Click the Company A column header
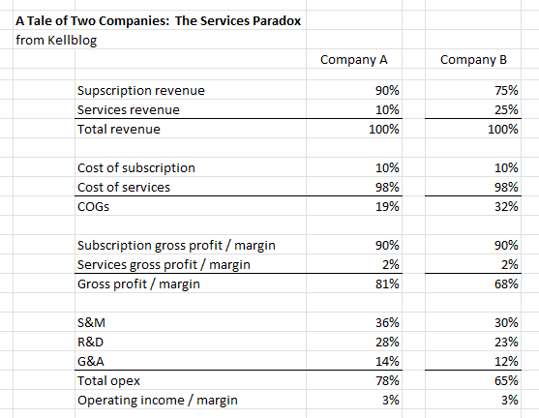click(353, 60)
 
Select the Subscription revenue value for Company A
click(374, 91)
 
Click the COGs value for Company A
click(374, 206)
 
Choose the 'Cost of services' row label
click(124, 187)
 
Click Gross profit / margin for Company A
click(374, 284)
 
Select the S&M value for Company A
click(374, 322)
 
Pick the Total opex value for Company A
click(374, 380)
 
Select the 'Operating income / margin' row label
click(157, 400)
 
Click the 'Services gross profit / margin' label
click(164, 264)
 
